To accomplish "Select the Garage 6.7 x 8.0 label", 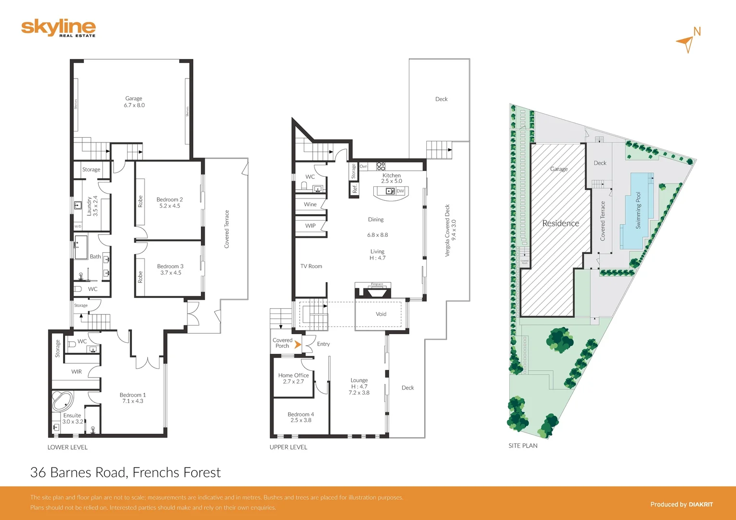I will coord(134,102).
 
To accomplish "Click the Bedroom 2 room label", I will coord(170,203).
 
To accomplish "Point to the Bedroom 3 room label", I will coord(170,269).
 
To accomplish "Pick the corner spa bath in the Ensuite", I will coord(62,401).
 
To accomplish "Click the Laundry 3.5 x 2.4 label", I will coord(92,206).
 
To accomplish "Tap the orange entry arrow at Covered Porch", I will coord(298,345).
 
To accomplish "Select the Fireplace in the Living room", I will coord(373,291).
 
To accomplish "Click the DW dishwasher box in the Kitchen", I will coord(400,191).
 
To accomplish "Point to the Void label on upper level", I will coord(381,314).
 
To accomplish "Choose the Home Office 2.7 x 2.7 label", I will coord(293,378).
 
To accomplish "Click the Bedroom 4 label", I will coord(301,417).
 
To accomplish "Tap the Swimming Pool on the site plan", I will coord(638,211).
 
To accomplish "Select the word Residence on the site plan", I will coord(561,223).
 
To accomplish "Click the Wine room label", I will coord(310,204).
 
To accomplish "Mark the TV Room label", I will coord(311,266).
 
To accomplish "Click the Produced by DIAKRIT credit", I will coord(681,504).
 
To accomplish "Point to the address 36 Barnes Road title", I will coord(125,472).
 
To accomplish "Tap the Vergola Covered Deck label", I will coord(450,230).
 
